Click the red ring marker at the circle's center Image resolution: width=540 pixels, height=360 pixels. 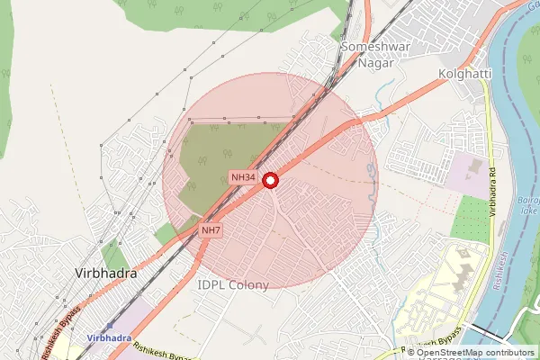coord(271,181)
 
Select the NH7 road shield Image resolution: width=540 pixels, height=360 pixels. coord(211,231)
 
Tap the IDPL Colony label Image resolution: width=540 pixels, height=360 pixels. coord(232,285)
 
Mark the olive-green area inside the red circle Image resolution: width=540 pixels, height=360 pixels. coord(225,157)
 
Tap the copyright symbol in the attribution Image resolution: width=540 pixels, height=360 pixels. coord(411,352)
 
